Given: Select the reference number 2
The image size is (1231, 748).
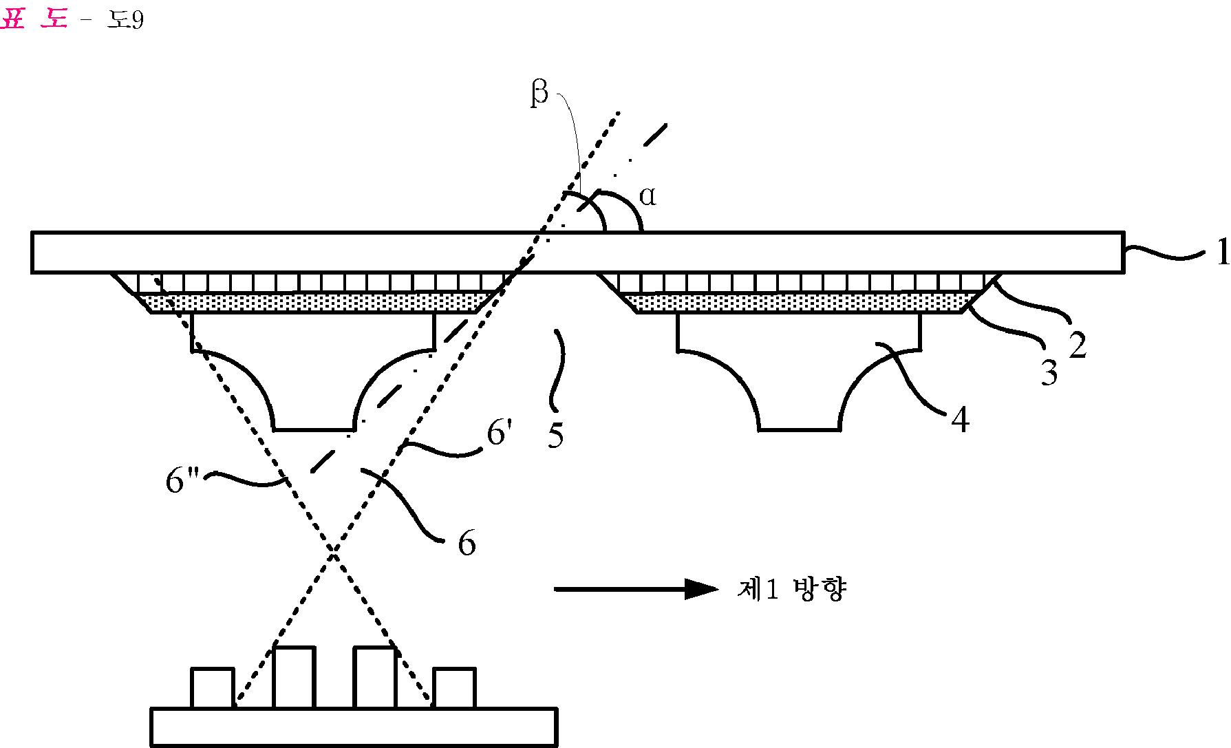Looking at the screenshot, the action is (x=1077, y=345).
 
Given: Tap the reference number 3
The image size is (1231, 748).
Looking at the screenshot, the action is (x=1049, y=374).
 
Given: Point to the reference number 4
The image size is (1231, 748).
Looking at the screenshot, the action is (x=960, y=420).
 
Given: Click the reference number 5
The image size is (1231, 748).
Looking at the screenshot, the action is (x=556, y=436).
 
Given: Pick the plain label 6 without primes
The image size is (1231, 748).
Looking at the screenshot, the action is (x=467, y=544).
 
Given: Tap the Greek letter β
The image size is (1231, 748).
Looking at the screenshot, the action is (x=539, y=94).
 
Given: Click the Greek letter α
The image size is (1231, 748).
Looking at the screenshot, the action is (x=647, y=196).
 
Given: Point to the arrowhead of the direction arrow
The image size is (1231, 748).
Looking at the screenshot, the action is (x=702, y=589).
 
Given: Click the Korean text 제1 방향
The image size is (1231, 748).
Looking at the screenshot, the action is (x=791, y=590).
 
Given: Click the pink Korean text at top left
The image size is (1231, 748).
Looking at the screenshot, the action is (x=34, y=19).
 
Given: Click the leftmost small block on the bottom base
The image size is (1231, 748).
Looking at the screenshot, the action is (x=213, y=687).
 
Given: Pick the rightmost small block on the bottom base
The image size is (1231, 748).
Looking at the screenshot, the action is (x=453, y=687).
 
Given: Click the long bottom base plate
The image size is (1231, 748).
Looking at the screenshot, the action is (x=354, y=727).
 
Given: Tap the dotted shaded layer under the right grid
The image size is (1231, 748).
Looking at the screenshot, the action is (x=799, y=303).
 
